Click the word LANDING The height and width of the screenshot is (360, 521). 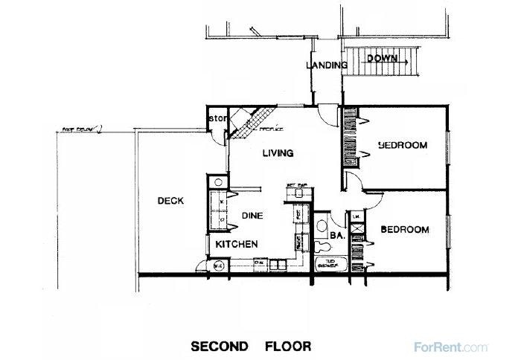tap(327, 65)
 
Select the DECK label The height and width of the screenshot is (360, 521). tap(171, 201)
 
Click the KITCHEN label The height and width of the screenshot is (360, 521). tap(237, 244)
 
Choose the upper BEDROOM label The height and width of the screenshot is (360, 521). tap(402, 145)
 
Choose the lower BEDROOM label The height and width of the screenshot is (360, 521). tap(404, 230)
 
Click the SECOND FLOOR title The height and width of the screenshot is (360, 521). tap(250, 346)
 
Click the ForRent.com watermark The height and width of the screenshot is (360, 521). tap(460, 346)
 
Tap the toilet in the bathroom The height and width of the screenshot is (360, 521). tap(320, 226)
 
